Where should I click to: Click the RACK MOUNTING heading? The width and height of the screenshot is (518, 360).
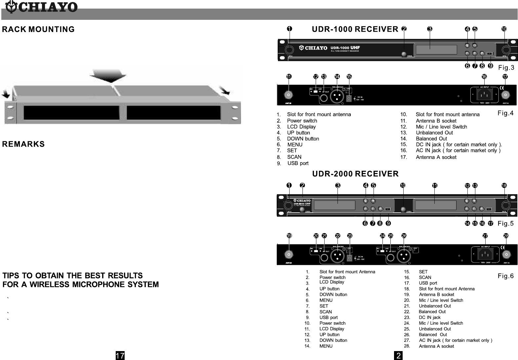pyautogui.click(x=38, y=29)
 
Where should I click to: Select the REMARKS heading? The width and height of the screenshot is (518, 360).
pyautogui.click(x=23, y=144)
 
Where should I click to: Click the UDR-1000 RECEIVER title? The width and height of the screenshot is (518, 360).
pyautogui.click(x=355, y=29)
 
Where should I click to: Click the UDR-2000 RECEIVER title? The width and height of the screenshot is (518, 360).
pyautogui.click(x=355, y=174)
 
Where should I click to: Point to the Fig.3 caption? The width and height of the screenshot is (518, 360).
pyautogui.click(x=506, y=68)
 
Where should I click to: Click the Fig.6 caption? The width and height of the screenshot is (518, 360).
pyautogui.click(x=505, y=276)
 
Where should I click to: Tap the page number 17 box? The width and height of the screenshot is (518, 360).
pyautogui.click(x=120, y=355)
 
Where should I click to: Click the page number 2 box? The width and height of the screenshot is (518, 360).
pyautogui.click(x=399, y=355)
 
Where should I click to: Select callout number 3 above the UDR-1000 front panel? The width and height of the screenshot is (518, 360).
pyautogui.click(x=429, y=29)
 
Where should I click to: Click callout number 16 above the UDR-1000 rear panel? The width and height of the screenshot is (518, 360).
pyautogui.click(x=484, y=77)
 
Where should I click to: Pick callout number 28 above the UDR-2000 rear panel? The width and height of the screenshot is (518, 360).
pyautogui.click(x=506, y=236)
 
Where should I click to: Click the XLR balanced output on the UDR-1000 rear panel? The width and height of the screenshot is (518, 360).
pyautogui.click(x=336, y=96)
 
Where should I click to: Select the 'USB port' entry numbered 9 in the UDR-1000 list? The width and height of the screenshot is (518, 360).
pyautogui.click(x=298, y=163)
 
